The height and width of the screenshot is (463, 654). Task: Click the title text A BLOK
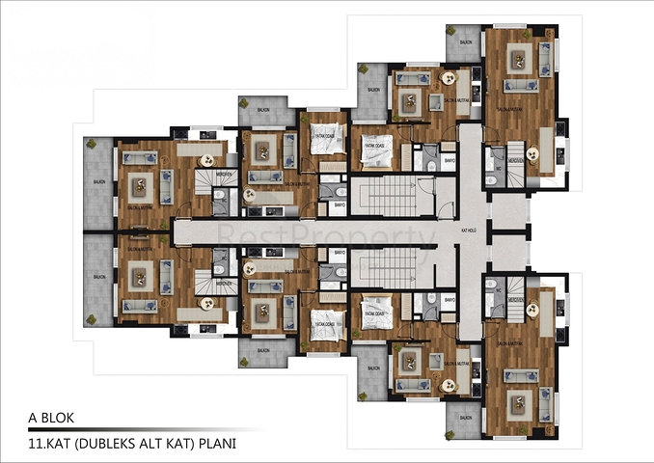(51, 419)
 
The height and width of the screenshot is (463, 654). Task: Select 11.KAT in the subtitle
(46, 444)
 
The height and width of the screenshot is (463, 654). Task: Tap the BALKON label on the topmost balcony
(465, 43)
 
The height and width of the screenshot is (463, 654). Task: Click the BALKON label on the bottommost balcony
(465, 419)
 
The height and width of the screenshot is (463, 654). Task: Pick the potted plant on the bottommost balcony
(452, 431)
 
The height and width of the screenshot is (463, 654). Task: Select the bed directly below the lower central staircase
(375, 313)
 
